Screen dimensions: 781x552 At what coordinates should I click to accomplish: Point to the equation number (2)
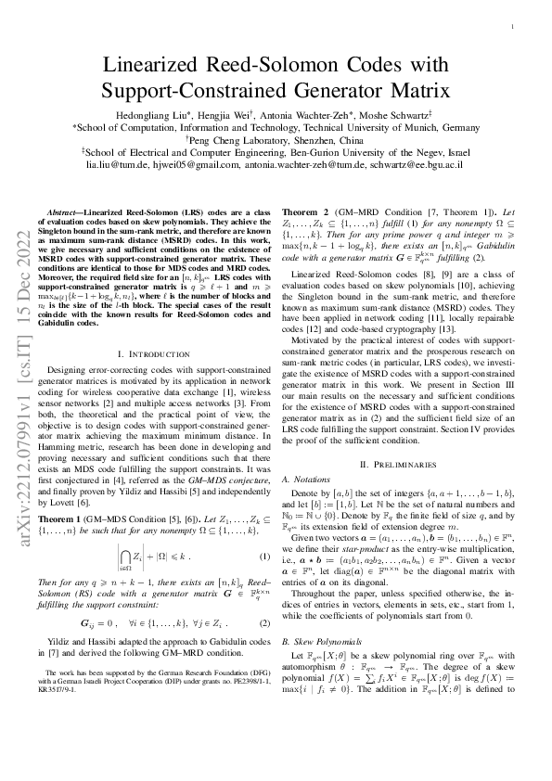(263, 599)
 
